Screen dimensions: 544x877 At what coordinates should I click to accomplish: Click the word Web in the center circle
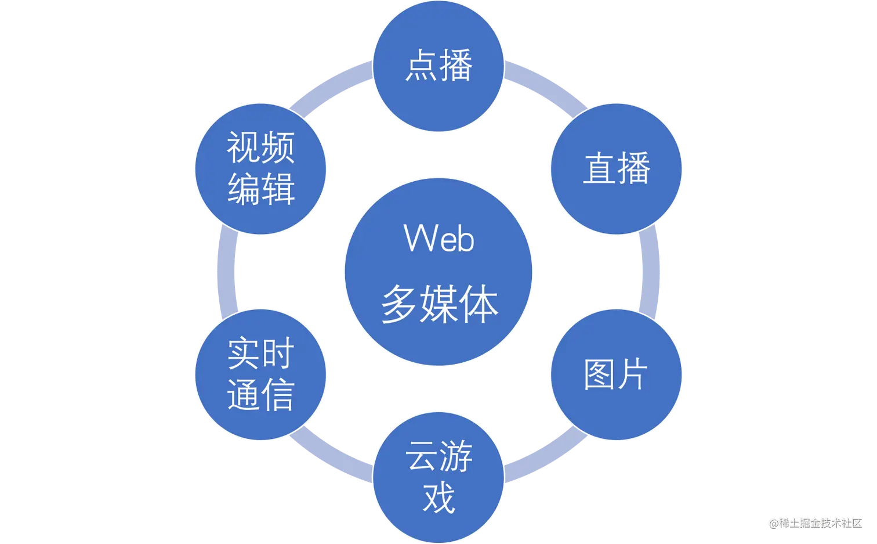(x=438, y=238)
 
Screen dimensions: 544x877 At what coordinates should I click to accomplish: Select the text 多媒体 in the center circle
(x=439, y=304)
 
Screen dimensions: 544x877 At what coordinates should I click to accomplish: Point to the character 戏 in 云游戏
(x=438, y=498)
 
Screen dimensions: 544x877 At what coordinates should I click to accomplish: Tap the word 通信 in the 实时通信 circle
(x=260, y=395)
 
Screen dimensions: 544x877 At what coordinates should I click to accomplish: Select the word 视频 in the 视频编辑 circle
(x=260, y=147)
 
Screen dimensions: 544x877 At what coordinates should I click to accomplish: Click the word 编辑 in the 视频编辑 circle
(x=260, y=189)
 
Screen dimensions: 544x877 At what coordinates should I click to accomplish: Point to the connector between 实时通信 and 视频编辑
(x=226, y=272)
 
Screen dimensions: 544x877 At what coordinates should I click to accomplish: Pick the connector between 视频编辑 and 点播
(x=334, y=87)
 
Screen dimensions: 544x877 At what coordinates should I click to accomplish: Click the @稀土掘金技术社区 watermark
(x=814, y=522)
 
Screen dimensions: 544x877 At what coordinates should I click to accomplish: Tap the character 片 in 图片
(x=633, y=374)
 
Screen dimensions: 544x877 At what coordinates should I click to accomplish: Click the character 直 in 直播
(x=600, y=169)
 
